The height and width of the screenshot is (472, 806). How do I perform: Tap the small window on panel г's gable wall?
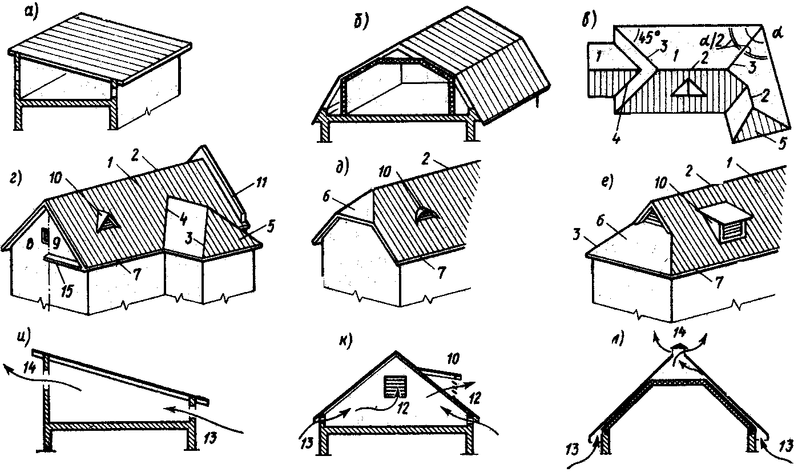coord(46,236)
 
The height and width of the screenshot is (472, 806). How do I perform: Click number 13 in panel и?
coord(210,437)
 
